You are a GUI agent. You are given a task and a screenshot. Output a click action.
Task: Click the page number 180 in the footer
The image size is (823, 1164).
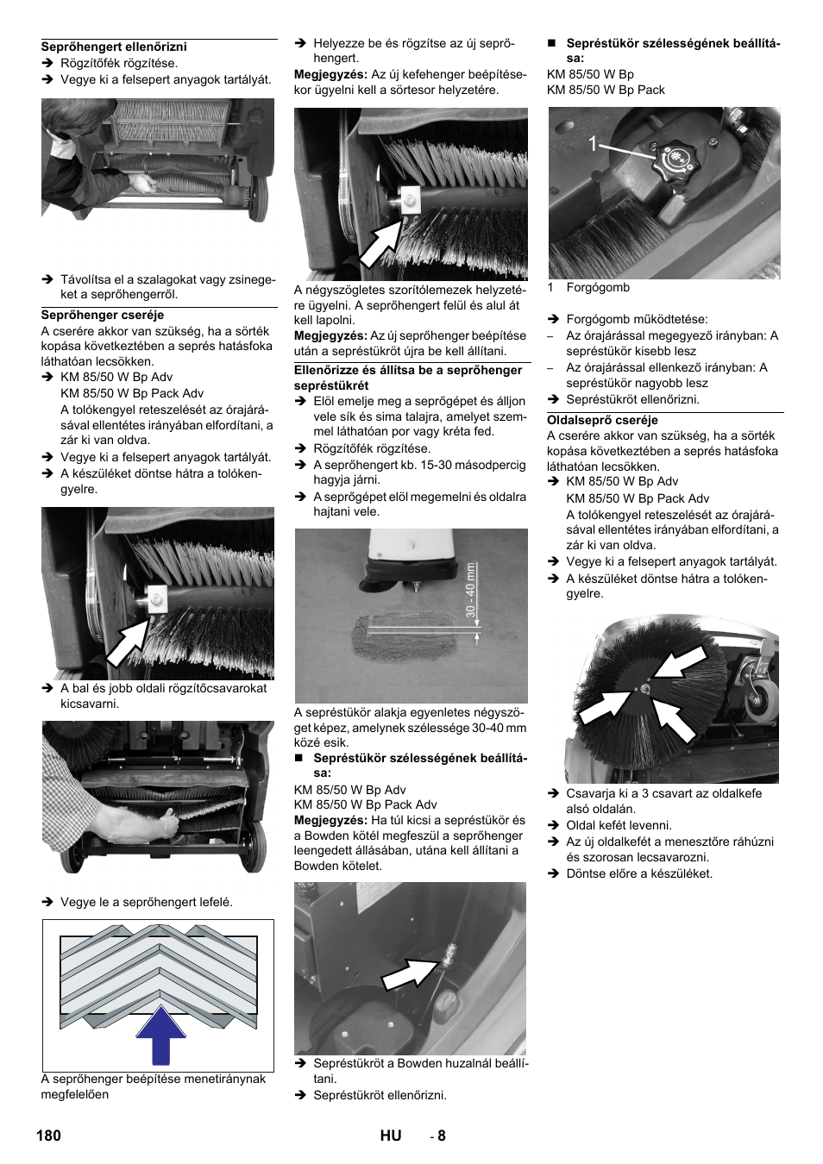pyautogui.click(x=49, y=1135)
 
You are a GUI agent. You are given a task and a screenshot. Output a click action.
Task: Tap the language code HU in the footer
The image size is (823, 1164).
pyautogui.click(x=390, y=1135)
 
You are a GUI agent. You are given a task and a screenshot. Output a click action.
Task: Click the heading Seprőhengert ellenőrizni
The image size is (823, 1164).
pyautogui.click(x=114, y=47)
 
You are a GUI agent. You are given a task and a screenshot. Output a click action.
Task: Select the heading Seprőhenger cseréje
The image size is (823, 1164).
pyautogui.click(x=102, y=315)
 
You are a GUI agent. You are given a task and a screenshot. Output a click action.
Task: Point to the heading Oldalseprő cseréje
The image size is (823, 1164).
pyautogui.click(x=602, y=420)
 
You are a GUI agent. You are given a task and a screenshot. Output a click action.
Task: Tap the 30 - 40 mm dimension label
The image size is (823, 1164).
pyautogui.click(x=471, y=590)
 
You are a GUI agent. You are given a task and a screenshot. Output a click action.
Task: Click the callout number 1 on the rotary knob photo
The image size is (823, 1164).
pyautogui.click(x=594, y=144)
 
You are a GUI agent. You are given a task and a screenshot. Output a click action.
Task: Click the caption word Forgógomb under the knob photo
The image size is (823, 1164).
pyautogui.click(x=597, y=287)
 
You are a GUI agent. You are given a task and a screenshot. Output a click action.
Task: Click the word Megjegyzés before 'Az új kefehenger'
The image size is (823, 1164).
pyautogui.click(x=330, y=75)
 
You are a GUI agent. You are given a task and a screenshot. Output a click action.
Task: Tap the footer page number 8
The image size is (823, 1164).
pyautogui.click(x=441, y=1135)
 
